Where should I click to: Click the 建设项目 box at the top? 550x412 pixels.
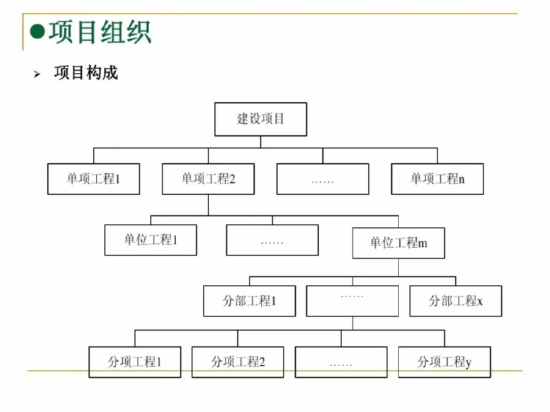pyautogui.click(x=261, y=119)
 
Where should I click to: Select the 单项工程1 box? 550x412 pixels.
pyautogui.click(x=94, y=179)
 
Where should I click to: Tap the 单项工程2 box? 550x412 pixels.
pyautogui.click(x=208, y=179)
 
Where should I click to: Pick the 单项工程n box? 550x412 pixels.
pyautogui.click(x=437, y=179)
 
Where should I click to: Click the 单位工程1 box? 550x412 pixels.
pyautogui.click(x=151, y=240)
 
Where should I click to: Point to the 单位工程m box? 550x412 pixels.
pyautogui.click(x=398, y=243)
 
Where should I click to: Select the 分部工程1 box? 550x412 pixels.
pyautogui.click(x=250, y=301)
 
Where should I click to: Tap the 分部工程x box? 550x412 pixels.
pyautogui.click(x=456, y=301)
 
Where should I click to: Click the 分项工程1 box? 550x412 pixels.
pyautogui.click(x=135, y=362)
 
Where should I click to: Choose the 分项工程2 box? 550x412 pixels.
pyautogui.click(x=238, y=362)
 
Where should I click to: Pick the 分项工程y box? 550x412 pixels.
pyautogui.click(x=445, y=362)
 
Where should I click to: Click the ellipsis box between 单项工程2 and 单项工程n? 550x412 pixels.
pyautogui.click(x=323, y=179)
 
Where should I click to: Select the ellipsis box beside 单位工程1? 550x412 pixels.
pyautogui.click(x=272, y=240)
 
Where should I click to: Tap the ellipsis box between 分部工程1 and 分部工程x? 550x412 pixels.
pyautogui.click(x=352, y=301)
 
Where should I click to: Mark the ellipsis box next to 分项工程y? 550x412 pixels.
pyautogui.click(x=341, y=362)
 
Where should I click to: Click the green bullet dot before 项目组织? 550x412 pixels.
pyautogui.click(x=38, y=32)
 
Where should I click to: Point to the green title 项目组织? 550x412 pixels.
pyautogui.click(x=100, y=32)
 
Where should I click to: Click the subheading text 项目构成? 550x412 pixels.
pyautogui.click(x=86, y=73)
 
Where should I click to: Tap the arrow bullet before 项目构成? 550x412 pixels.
pyautogui.click(x=37, y=74)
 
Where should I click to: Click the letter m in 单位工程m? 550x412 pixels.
pyautogui.click(x=423, y=244)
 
